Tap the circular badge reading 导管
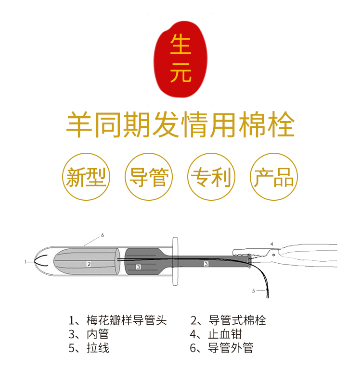click(x=148, y=176)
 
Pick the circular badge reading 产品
click(x=274, y=176)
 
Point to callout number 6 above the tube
click(x=103, y=235)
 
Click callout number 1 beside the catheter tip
click(x=26, y=262)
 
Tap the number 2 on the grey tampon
click(x=89, y=264)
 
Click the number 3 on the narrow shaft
click(x=206, y=264)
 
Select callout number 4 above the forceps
click(x=271, y=244)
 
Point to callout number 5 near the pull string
click(x=253, y=291)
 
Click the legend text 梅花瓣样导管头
click(x=127, y=320)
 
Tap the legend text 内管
click(x=98, y=334)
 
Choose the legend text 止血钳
click(x=225, y=334)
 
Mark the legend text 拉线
click(x=98, y=348)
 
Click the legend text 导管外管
click(x=231, y=348)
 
